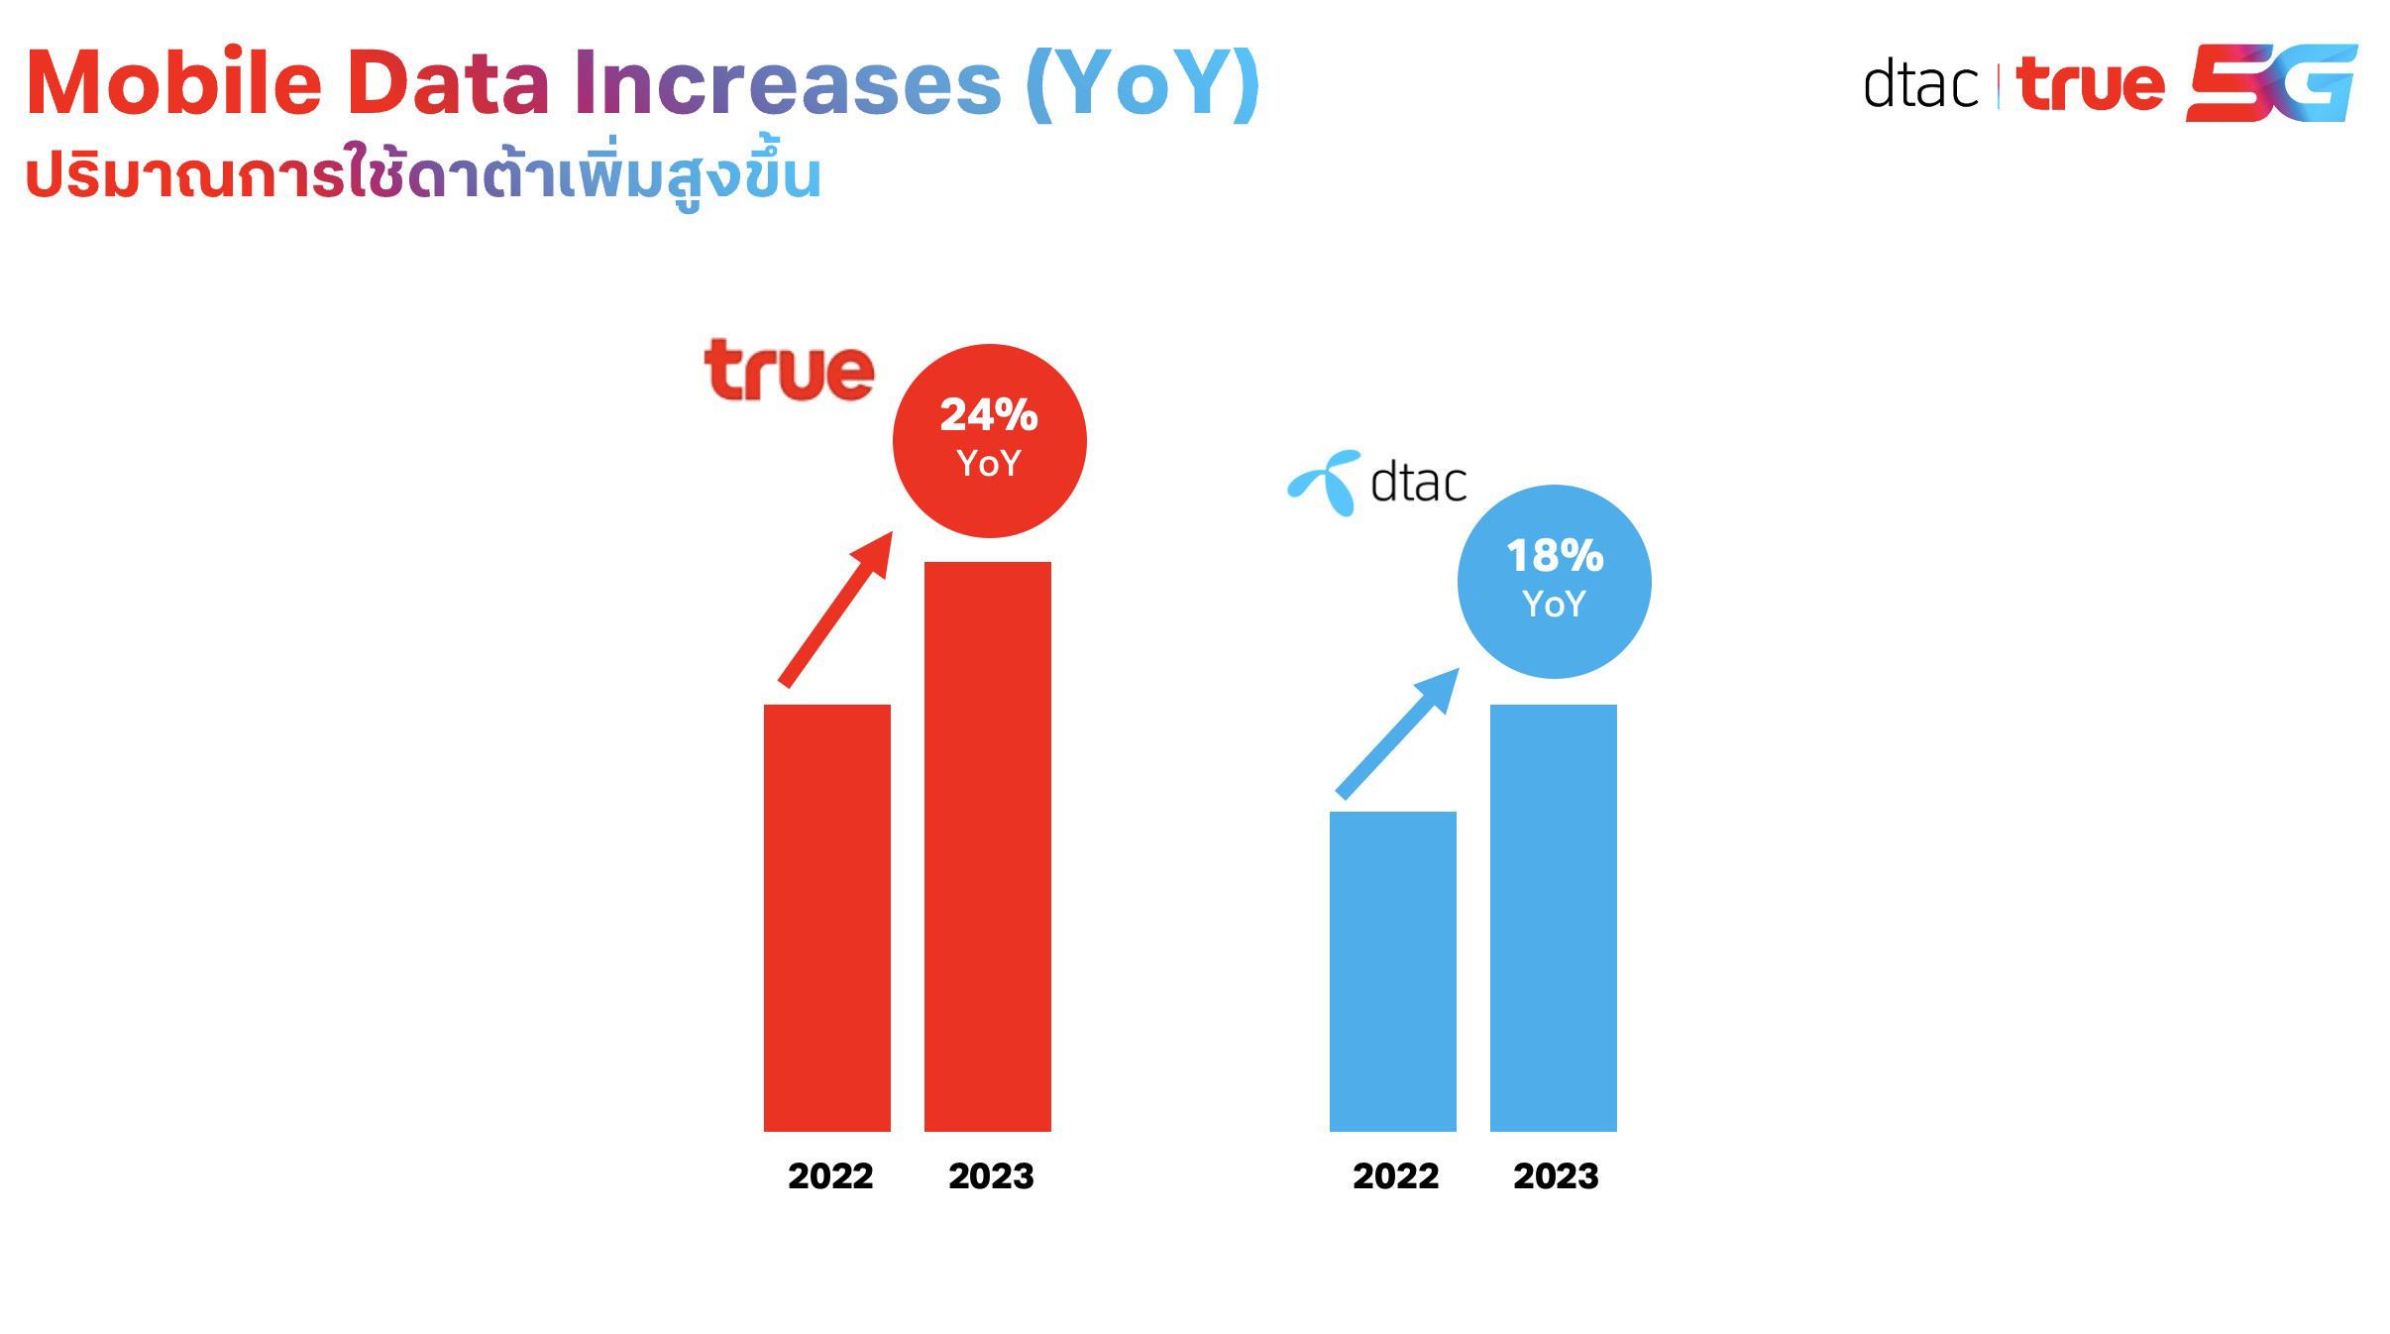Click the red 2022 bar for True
click(x=826, y=917)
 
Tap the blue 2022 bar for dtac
click(x=1392, y=970)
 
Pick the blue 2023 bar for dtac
click(x=1553, y=917)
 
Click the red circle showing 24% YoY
click(x=989, y=441)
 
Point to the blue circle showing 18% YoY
click(x=1554, y=582)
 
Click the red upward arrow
click(x=835, y=610)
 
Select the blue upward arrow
click(x=1397, y=733)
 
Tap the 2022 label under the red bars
click(x=830, y=1176)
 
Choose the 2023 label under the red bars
click(x=991, y=1176)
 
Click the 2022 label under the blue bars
click(x=1395, y=1176)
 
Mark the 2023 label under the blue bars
click(x=1556, y=1176)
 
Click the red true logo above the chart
click(x=789, y=371)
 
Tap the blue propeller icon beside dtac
click(x=1325, y=483)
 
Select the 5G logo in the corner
click(x=2270, y=83)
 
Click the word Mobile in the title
click(x=174, y=83)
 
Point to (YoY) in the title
click(x=1142, y=83)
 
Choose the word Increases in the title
click(x=788, y=83)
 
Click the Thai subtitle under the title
click(x=423, y=175)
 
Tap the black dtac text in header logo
click(x=1919, y=85)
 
